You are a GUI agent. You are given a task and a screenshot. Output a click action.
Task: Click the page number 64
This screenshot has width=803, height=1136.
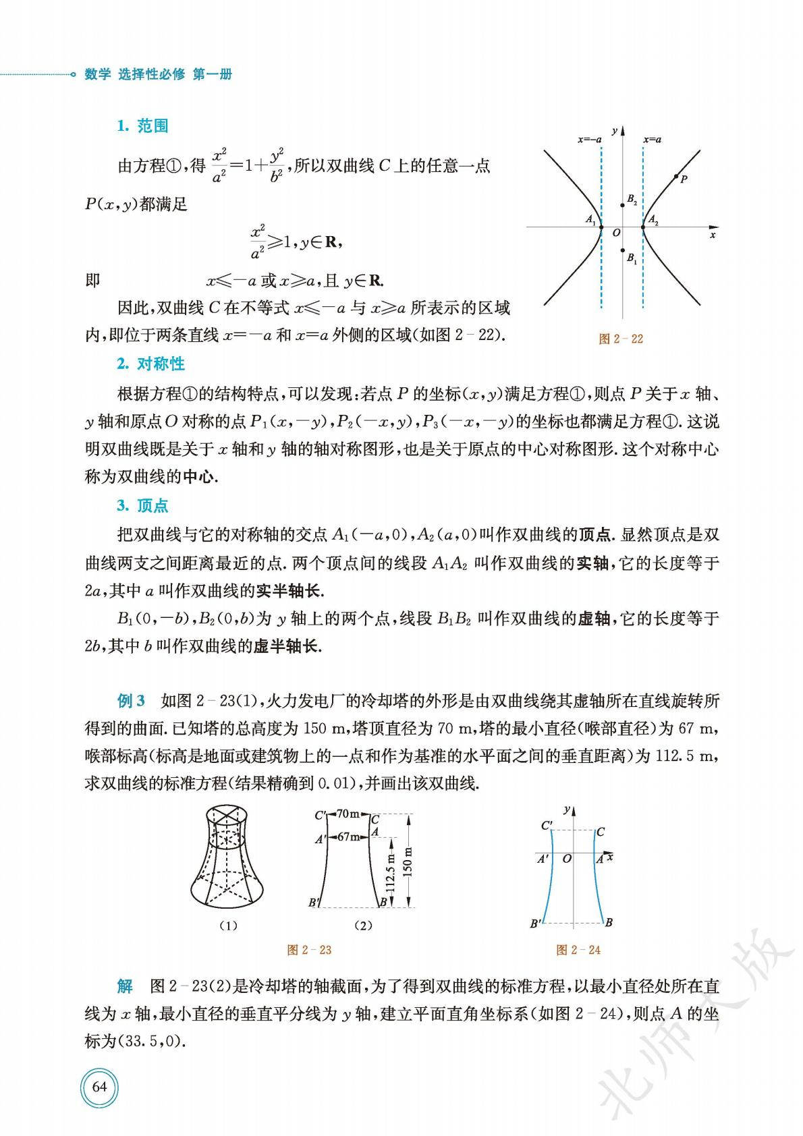[99, 1086]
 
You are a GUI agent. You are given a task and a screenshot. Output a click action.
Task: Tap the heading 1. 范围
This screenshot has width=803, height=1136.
[142, 126]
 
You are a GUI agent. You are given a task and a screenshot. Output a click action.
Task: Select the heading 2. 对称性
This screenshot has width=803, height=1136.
[150, 364]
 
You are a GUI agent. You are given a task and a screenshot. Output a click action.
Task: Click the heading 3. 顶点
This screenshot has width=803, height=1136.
[142, 505]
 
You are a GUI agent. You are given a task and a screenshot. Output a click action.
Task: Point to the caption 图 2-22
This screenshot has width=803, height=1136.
[621, 339]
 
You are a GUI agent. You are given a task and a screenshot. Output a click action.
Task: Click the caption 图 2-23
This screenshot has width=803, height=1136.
[309, 950]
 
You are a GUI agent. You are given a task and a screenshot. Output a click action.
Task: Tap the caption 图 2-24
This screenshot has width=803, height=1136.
[578, 950]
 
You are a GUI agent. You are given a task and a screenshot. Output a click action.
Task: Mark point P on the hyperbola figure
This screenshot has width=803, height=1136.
[676, 177]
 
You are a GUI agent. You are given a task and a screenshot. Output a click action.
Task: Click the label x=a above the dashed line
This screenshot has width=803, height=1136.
[652, 140]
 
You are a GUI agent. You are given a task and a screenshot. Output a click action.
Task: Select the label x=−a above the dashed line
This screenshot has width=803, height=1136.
[589, 140]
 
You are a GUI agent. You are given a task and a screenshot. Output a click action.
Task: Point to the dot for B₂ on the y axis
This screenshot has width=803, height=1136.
[622, 204]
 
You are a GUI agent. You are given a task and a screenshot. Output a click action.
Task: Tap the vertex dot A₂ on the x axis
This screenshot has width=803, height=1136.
[642, 227]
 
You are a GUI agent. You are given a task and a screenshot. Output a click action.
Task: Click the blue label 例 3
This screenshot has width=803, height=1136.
[131, 700]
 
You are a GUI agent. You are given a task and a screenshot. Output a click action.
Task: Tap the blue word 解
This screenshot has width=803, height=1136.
[125, 986]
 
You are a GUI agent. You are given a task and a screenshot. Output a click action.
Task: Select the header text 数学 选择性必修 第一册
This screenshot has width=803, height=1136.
[158, 75]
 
